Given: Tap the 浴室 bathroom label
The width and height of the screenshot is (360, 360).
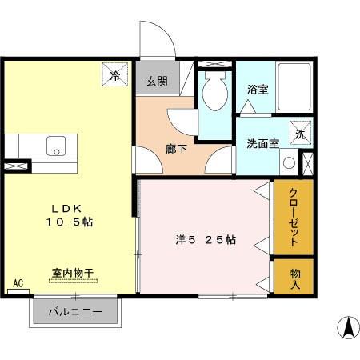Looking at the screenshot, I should tap(258, 90).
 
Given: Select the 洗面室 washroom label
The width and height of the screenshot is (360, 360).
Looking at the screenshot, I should tap(262, 144).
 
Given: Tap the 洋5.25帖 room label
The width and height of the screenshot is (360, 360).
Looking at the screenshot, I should tap(206, 238).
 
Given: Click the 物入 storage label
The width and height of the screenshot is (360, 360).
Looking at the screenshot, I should tap(294, 275).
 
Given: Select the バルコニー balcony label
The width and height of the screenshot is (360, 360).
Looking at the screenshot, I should tap(78, 312).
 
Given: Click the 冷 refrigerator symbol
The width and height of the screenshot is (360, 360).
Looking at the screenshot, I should tap(115, 77).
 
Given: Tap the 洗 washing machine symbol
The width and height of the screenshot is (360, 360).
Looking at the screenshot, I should tap(301, 134).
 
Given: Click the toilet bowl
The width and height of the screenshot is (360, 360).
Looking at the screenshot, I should tap(214, 94).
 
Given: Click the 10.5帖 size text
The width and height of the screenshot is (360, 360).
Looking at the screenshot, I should tap(69, 222).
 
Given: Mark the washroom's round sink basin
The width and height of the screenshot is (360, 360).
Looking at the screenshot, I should tap(289, 162).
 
